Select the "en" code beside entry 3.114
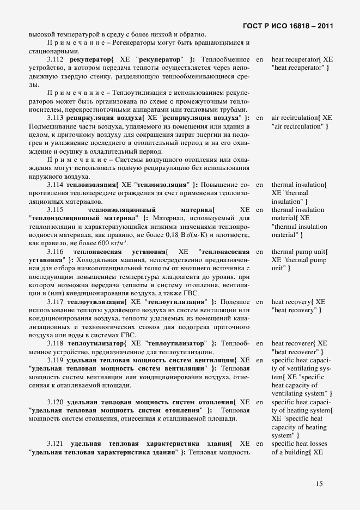(x=259, y=185)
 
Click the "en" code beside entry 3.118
(x=259, y=343)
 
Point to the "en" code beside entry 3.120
(x=259, y=402)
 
